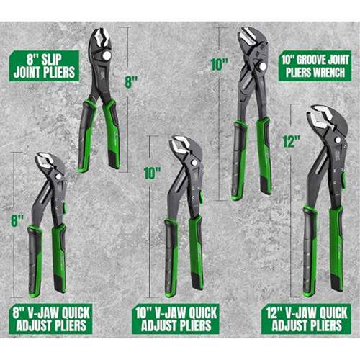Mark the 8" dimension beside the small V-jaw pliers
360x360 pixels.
tap(17, 215)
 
